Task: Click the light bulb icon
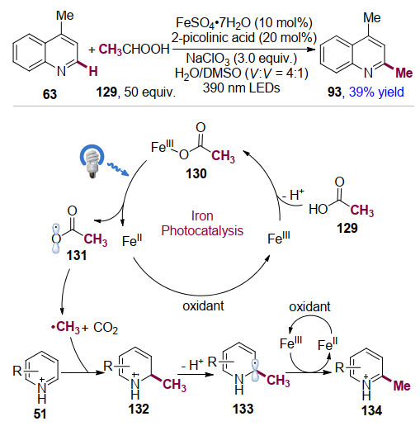pos(92,161)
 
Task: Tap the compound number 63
pos(50,94)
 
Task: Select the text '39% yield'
pos(376,92)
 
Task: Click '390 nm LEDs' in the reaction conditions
pos(242,88)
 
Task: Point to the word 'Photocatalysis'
pos(202,230)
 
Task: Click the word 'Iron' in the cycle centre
pos(202,215)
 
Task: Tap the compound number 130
pos(196,173)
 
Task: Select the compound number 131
pos(77,255)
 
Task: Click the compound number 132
pos(139,409)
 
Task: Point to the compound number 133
pos(243,409)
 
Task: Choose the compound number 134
pos(371,411)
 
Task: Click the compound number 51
pos(40,414)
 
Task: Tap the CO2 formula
pos(106,328)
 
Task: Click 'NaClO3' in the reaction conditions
pos(208,59)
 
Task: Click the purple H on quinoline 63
pos(93,72)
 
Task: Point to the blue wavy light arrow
pos(118,168)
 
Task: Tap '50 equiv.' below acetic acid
pos(150,92)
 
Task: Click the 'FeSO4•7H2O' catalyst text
pos(214,23)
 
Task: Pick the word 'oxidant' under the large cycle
pos(203,305)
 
